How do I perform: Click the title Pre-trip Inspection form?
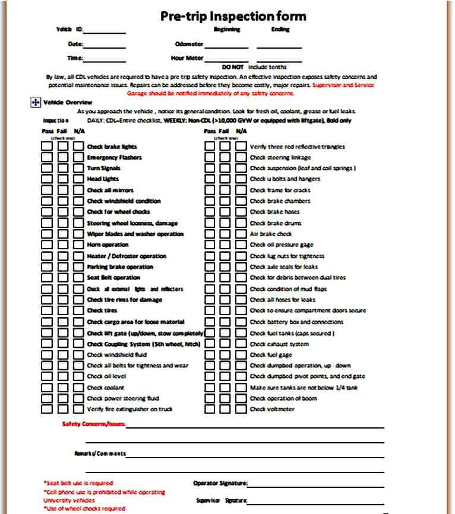click(233, 16)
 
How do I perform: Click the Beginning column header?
click(226, 29)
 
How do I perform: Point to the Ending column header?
click(280, 29)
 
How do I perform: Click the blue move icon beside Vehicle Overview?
click(34, 103)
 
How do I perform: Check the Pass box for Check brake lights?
click(47, 146)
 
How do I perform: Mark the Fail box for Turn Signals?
click(62, 168)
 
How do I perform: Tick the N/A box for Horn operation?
click(78, 245)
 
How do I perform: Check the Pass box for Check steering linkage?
click(210, 157)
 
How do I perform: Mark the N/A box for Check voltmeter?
click(241, 409)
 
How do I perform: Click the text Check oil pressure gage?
click(282, 245)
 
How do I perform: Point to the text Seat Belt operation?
click(113, 278)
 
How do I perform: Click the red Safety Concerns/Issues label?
click(94, 424)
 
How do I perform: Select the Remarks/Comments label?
click(100, 453)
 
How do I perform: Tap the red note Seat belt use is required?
click(78, 483)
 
